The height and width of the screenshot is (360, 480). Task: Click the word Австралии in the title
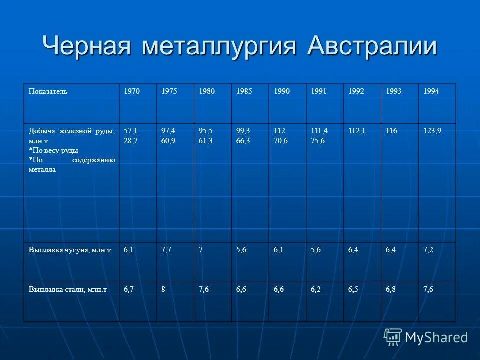[372, 46]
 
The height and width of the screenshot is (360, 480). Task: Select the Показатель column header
[48, 92]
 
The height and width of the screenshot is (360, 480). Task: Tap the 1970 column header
[132, 92]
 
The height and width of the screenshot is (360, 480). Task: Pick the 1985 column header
[244, 92]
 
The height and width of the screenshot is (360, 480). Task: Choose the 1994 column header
[431, 92]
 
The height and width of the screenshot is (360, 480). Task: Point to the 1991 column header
[319, 92]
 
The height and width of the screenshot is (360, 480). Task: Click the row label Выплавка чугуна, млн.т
[69, 250]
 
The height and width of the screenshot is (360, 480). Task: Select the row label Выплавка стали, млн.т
[68, 289]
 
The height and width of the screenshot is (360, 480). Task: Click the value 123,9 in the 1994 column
[432, 131]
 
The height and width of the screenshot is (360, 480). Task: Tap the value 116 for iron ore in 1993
[391, 131]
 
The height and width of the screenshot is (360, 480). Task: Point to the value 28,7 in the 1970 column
[131, 140]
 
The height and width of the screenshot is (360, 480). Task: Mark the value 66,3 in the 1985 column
[244, 140]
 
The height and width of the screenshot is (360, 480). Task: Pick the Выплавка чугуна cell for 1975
[167, 250]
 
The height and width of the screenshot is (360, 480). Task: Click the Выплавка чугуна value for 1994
[428, 250]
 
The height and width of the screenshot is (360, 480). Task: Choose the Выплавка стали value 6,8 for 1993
[391, 289]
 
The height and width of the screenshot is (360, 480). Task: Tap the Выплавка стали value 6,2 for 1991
[316, 289]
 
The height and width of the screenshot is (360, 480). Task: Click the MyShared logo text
[436, 337]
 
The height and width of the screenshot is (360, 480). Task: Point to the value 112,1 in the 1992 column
[357, 131]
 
